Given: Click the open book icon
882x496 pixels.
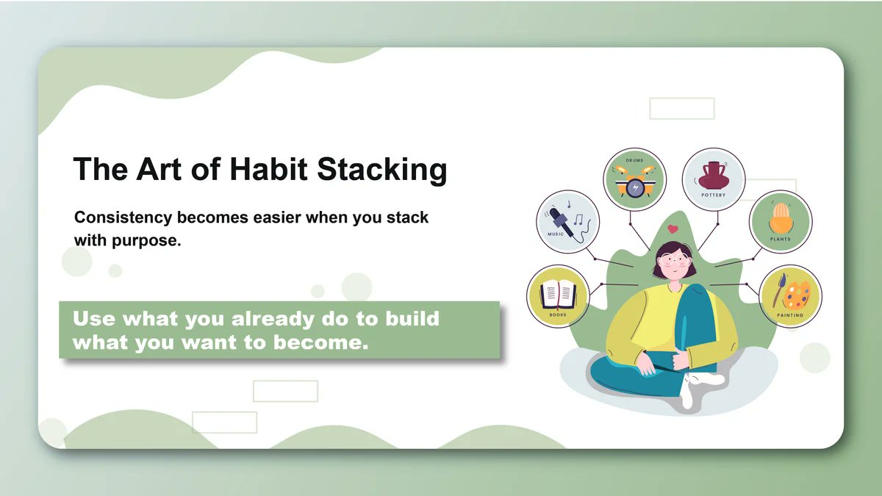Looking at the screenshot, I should tap(558, 294).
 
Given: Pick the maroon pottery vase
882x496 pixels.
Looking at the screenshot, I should tap(712, 176).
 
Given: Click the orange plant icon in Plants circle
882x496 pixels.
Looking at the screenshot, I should tap(780, 218).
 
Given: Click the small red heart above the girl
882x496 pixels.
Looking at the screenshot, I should tap(673, 229).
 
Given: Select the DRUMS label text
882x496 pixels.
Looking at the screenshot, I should tap(634, 159).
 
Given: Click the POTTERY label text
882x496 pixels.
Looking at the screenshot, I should tap(713, 195).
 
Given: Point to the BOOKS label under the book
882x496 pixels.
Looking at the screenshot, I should tap(558, 315).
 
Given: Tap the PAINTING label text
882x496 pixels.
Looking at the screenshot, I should tap(790, 315).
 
